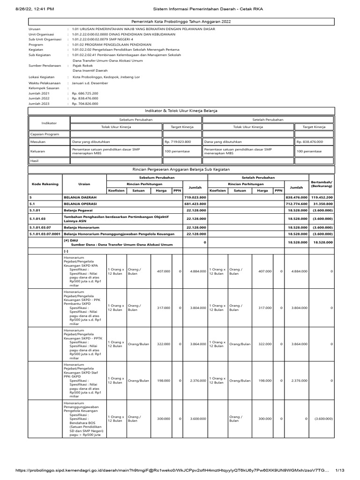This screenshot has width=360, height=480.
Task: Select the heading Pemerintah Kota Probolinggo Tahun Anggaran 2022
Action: (181, 22)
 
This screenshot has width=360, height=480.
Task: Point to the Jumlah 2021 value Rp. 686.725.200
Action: (85, 94)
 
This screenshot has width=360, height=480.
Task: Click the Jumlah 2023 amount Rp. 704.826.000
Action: (85, 104)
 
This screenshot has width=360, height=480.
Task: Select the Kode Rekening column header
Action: (45, 184)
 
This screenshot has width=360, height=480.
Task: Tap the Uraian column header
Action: (84, 184)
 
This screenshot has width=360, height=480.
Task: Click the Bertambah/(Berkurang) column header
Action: (322, 184)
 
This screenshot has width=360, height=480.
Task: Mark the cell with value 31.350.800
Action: (322, 204)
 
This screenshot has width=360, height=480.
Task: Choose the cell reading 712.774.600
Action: (296, 204)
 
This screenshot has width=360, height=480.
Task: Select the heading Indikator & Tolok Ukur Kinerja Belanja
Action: (181, 110)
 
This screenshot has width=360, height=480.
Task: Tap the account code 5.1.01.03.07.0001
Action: (45, 233)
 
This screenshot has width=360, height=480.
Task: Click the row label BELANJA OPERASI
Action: (80, 204)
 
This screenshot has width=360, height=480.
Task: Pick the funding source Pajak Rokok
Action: (83, 66)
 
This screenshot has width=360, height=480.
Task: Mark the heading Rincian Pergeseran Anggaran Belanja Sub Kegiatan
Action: (181, 169)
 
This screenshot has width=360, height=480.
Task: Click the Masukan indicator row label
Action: (38, 141)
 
